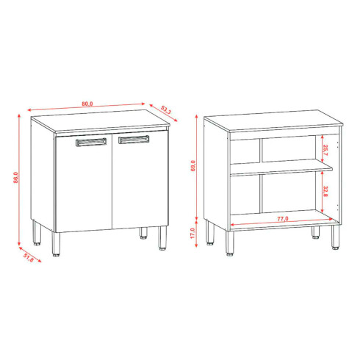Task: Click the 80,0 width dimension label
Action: tap(87, 104)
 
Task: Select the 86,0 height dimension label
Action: tap(15, 178)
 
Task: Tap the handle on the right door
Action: tap(134, 140)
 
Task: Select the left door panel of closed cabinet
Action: tap(83, 184)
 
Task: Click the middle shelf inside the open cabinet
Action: tap(282, 170)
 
